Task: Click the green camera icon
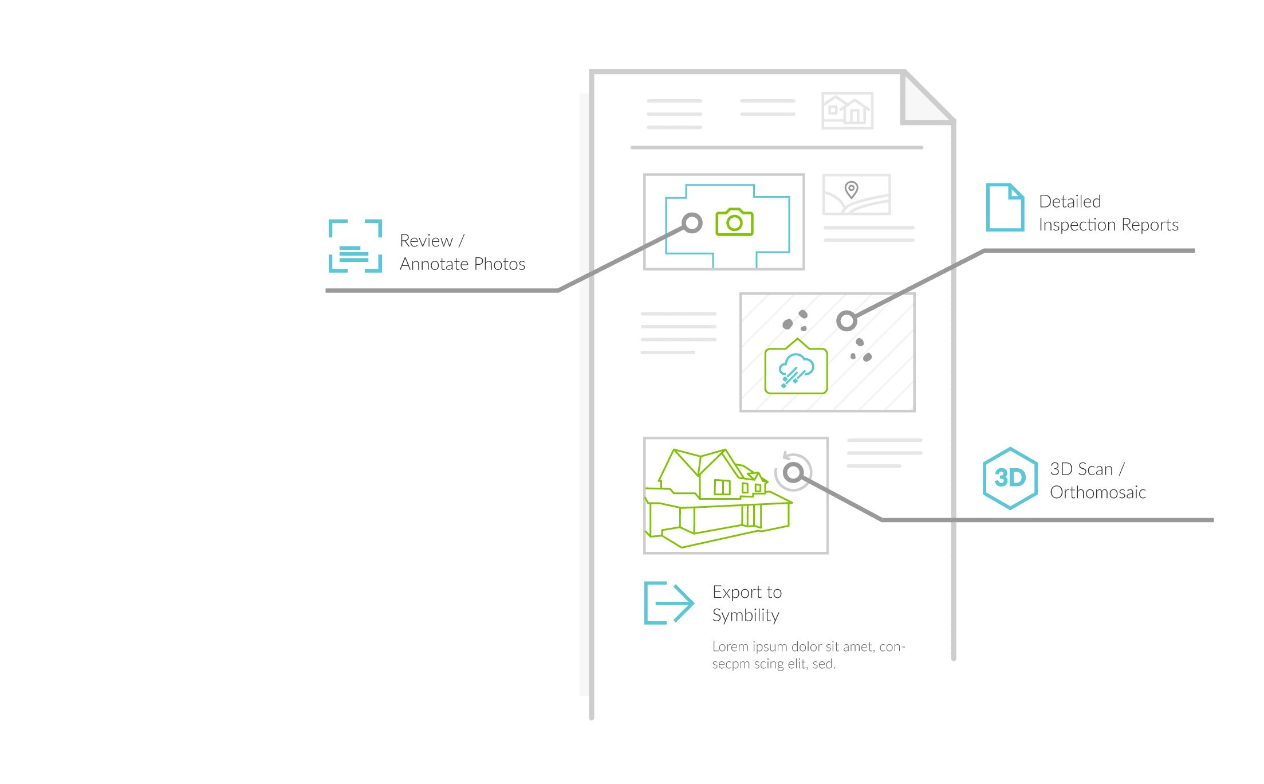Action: coord(734,222)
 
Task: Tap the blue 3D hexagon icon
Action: coord(1010,478)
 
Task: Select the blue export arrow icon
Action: coord(668,602)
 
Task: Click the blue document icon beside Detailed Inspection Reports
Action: coord(1005,207)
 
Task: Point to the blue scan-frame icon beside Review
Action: coord(355,245)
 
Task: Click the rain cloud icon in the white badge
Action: coord(796,370)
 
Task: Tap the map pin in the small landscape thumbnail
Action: coord(852,189)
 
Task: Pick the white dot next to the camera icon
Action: coord(692,222)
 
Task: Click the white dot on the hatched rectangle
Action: coord(846,320)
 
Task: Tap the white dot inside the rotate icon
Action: coord(793,472)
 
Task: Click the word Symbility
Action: coord(746,616)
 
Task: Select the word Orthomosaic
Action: coord(1097,492)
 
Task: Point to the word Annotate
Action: coord(434,264)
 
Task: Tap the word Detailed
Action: coord(1069,201)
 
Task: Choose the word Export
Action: coord(737,592)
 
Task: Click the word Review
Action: coord(426,241)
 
